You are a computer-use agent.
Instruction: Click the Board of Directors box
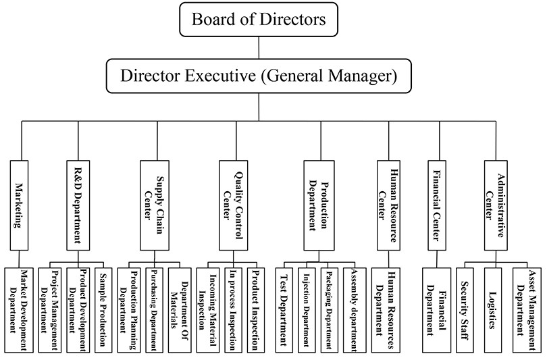click(259, 19)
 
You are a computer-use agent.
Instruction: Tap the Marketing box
click(20, 204)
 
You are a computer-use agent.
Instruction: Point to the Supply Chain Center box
click(154, 204)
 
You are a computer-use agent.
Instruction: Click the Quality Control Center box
click(233, 204)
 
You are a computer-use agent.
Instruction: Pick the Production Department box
click(319, 204)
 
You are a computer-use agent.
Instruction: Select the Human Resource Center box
click(390, 204)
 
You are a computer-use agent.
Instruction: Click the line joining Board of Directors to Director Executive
click(259, 47)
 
